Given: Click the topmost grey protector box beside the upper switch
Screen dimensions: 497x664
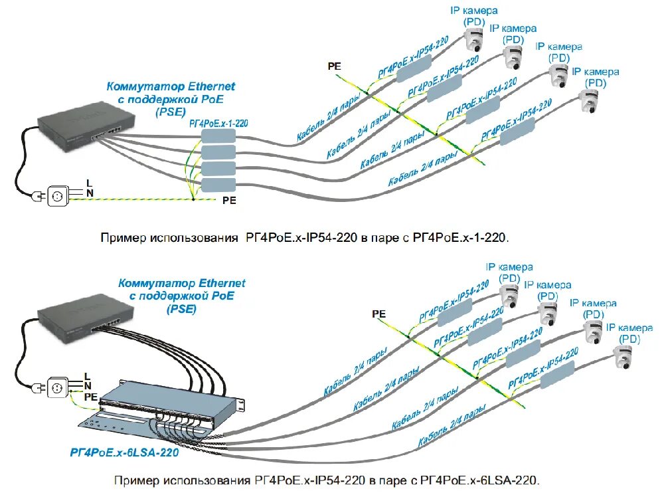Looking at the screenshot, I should click(x=218, y=136).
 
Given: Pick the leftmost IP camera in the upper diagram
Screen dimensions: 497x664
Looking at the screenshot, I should click(x=475, y=41).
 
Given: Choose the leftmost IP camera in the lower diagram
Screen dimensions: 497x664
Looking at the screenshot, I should click(x=509, y=295).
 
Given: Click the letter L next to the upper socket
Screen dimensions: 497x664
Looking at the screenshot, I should click(x=88, y=183).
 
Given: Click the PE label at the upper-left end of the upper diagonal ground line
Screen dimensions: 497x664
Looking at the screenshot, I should click(x=334, y=66).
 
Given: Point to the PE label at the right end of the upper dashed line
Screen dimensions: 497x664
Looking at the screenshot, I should click(x=228, y=199).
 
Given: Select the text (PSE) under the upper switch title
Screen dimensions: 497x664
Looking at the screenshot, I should click(x=171, y=112).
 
